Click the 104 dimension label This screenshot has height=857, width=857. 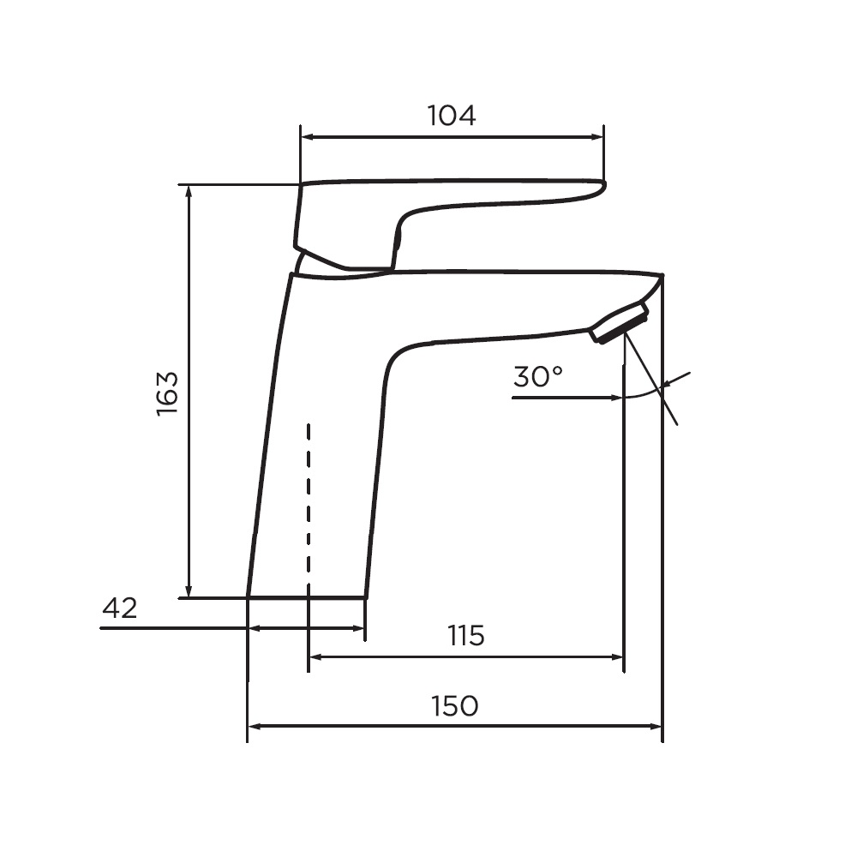click(451, 116)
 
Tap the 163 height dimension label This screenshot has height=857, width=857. click(167, 393)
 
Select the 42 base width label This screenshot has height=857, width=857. click(120, 608)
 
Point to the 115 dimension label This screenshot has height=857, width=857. click(465, 635)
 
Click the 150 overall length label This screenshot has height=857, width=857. click(454, 705)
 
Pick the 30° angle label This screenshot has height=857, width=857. click(538, 376)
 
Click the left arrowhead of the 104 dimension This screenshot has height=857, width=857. click(307, 137)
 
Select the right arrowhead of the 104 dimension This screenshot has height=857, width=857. click(596, 137)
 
